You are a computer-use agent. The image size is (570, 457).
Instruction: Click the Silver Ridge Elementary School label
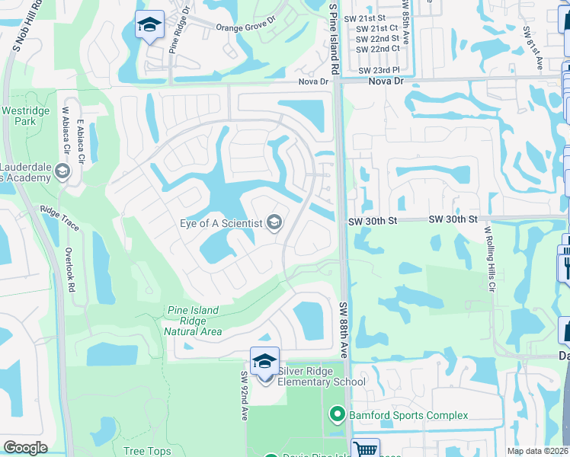tap(321, 376)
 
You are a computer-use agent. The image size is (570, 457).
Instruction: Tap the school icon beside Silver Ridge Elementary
tap(264, 361)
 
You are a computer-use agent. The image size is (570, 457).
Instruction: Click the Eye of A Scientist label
tap(221, 223)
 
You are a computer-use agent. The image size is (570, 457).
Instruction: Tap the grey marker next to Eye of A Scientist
tap(274, 223)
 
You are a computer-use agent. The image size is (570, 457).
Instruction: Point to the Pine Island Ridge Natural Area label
tap(193, 321)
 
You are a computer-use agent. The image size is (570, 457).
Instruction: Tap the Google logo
tap(25, 448)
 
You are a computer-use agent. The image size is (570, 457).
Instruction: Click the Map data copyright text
tap(538, 451)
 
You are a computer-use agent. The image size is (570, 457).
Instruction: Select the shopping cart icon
tap(365, 449)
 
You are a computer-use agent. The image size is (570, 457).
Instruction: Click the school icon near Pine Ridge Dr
tap(149, 26)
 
